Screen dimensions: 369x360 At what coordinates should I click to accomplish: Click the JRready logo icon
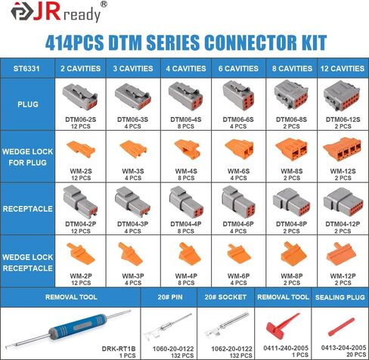coord(22,11)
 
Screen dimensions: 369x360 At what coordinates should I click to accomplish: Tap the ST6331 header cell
coord(26,69)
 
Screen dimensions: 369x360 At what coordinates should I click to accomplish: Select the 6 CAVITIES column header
coord(238,69)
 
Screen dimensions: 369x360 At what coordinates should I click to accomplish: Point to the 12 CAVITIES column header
coord(343,69)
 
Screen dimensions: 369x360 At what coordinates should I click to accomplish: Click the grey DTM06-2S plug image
coord(80,97)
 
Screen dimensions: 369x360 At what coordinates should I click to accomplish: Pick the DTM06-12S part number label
coord(343,119)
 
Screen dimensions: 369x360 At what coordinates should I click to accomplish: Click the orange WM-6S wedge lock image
coord(239,149)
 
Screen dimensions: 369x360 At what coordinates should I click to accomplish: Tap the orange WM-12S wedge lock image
coord(343,149)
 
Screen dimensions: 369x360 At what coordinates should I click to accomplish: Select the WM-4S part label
coord(186,171)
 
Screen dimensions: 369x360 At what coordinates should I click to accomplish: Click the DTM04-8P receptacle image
coord(291,203)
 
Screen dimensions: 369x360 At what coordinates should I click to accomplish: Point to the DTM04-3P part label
coord(133,224)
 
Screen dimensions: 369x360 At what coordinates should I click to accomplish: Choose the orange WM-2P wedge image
coord(81,254)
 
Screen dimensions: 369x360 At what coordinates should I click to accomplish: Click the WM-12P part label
coord(343,276)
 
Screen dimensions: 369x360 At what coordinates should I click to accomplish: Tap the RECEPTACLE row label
coord(28,209)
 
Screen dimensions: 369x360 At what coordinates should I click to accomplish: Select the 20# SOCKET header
coord(225,297)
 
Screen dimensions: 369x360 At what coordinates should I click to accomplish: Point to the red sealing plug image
coord(342,327)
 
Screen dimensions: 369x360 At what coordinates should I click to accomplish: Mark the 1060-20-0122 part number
coord(173,349)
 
